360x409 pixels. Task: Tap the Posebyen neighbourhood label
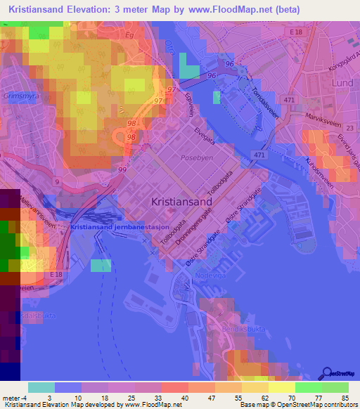click(x=195, y=159)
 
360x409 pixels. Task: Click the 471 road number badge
click(x=260, y=155)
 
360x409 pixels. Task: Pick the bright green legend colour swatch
click(x=308, y=387)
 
